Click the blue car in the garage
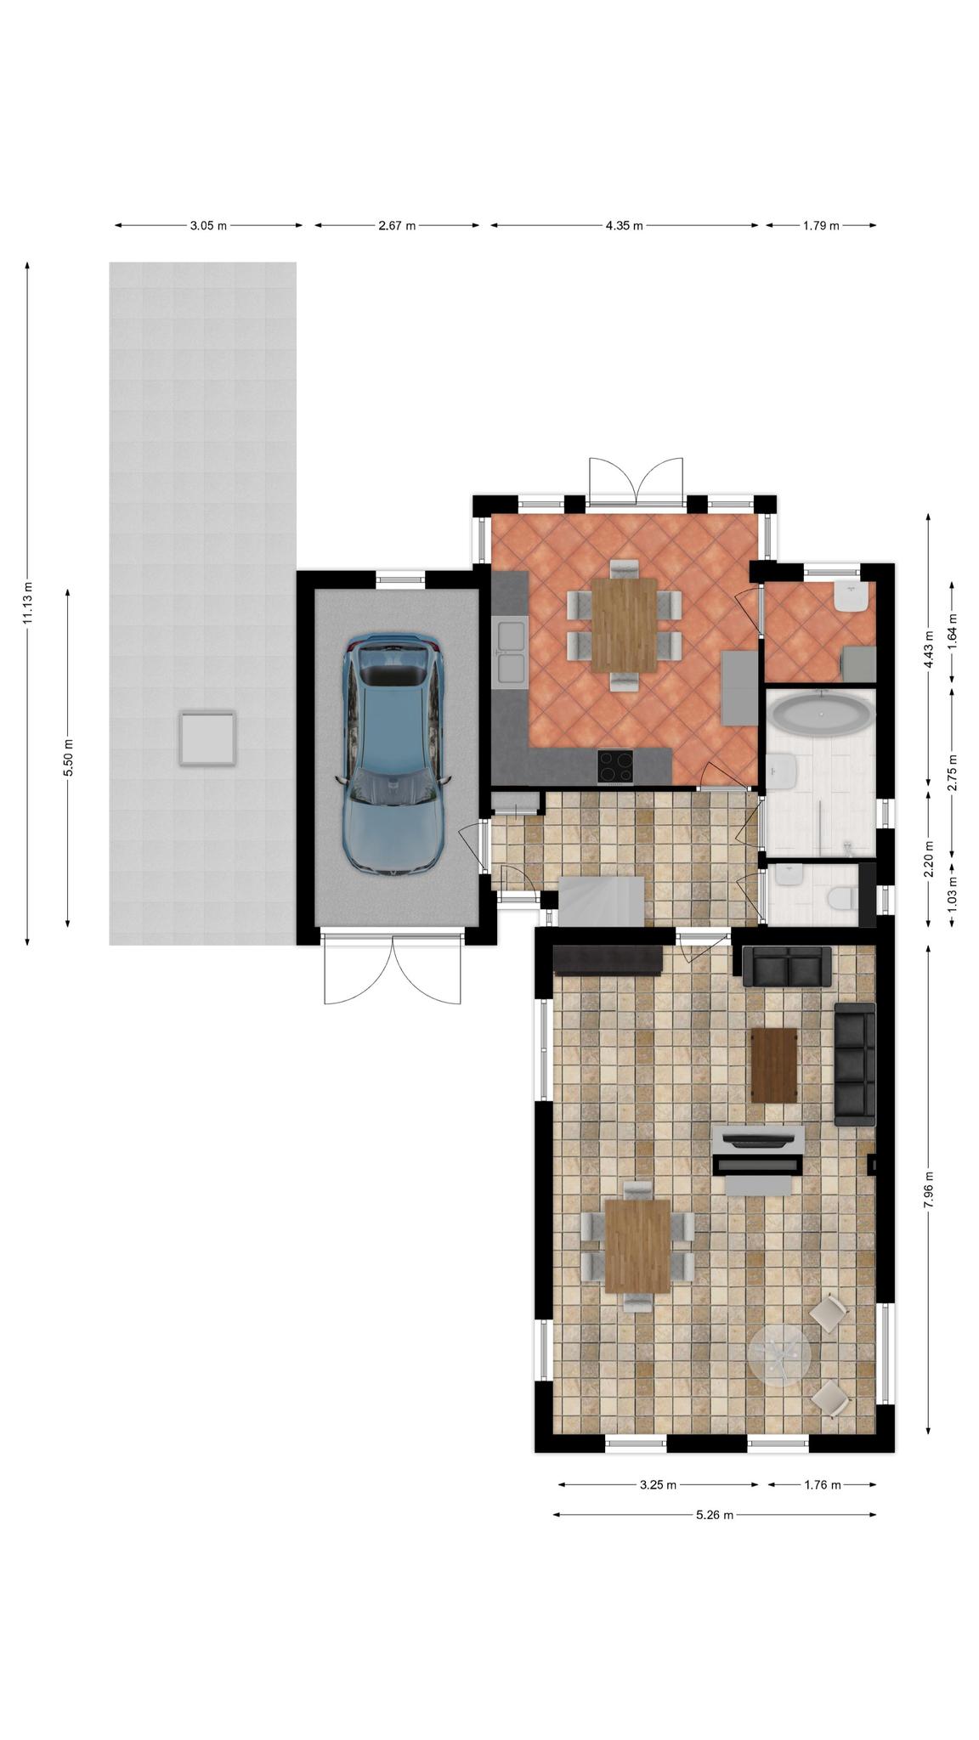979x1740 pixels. click(x=393, y=754)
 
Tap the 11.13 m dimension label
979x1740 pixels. click(x=27, y=604)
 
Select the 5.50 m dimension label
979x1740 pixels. click(x=68, y=757)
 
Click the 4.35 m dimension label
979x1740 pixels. click(x=624, y=225)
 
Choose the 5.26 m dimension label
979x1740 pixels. click(x=714, y=1514)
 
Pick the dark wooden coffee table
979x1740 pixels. click(x=774, y=1065)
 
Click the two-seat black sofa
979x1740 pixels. click(x=787, y=966)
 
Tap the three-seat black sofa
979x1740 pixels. click(x=855, y=1064)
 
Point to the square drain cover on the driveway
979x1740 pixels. click(x=206, y=738)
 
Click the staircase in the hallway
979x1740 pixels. click(x=600, y=901)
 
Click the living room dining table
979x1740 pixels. click(x=637, y=1246)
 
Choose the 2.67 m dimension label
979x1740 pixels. click(x=397, y=225)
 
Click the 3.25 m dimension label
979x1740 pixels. click(x=658, y=1484)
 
